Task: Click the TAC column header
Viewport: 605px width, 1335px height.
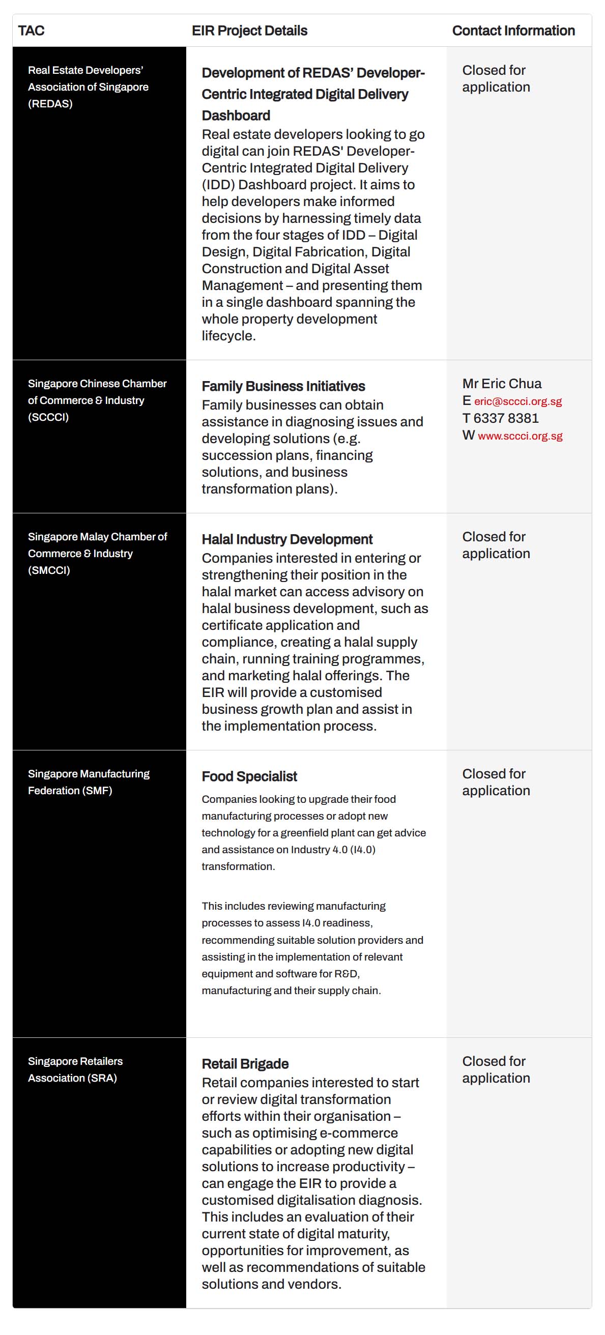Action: click(x=31, y=31)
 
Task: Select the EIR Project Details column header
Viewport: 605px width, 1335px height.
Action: click(x=249, y=31)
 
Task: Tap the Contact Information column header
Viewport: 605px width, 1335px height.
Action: click(x=513, y=31)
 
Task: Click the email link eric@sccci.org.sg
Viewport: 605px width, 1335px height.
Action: click(x=517, y=401)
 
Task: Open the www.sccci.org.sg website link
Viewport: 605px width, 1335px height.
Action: click(x=520, y=436)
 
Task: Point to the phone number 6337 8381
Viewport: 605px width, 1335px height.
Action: click(x=506, y=418)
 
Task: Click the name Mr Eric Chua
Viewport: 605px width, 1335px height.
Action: click(x=502, y=384)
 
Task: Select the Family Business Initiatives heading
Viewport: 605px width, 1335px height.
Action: click(x=283, y=386)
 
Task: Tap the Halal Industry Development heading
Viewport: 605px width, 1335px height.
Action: click(x=286, y=539)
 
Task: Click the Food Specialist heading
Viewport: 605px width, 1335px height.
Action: click(x=249, y=776)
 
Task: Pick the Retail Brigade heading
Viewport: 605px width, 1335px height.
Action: click(x=245, y=1064)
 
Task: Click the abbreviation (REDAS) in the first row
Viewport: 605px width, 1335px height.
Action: click(x=50, y=104)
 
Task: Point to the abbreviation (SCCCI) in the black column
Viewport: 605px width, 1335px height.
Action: click(x=48, y=417)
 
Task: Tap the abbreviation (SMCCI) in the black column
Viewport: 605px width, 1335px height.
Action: click(x=49, y=570)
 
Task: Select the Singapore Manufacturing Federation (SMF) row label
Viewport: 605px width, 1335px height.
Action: click(x=89, y=782)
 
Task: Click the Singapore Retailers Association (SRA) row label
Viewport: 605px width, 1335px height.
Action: click(x=75, y=1069)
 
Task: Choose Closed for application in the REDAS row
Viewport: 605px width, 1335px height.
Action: click(x=496, y=78)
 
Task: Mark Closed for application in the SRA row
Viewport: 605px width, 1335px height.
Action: click(x=496, y=1069)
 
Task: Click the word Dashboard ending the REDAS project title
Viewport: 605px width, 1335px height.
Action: click(x=236, y=115)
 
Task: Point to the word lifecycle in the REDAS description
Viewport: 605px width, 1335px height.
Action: click(x=228, y=336)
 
